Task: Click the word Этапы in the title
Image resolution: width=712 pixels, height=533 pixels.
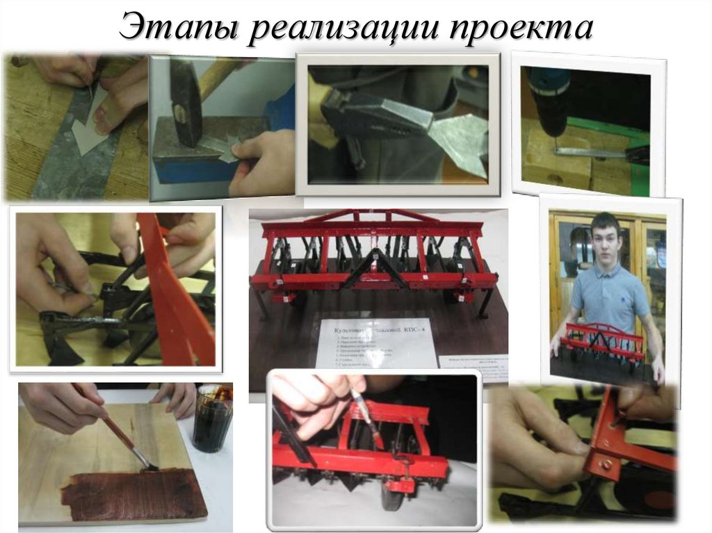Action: click(x=176, y=28)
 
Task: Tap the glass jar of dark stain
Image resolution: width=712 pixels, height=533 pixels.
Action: click(x=212, y=420)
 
